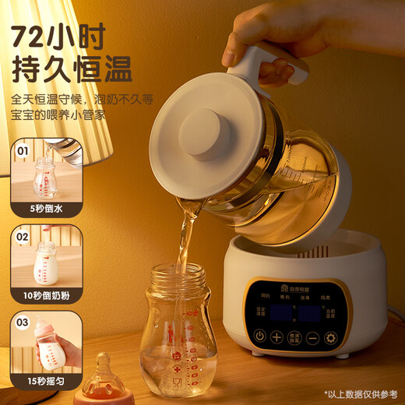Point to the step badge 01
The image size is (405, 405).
23,150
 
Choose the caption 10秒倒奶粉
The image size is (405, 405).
46,295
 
